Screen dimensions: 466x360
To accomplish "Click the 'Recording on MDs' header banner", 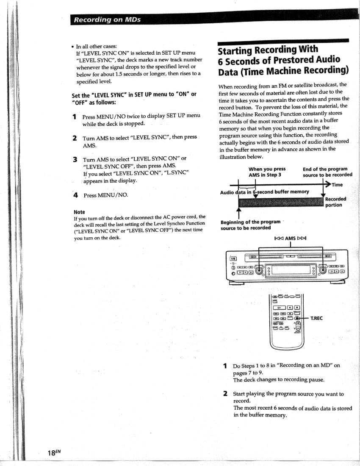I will [107, 20].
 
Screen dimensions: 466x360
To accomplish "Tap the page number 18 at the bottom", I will [53, 453].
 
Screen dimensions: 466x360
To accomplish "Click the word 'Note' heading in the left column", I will [79, 212].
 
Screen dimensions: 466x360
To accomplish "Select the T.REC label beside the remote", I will [317, 318].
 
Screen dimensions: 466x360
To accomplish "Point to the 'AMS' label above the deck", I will [290, 239].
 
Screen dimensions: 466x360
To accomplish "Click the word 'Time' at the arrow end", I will [337, 185].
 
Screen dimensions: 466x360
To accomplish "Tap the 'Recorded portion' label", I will [335, 202].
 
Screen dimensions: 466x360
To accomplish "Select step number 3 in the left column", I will [75, 160].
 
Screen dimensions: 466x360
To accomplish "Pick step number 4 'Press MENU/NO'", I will [75, 195].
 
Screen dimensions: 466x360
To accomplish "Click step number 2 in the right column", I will [225, 394].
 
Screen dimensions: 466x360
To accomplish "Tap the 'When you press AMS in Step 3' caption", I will [267, 172].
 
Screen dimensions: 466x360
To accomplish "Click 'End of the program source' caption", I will [327, 172].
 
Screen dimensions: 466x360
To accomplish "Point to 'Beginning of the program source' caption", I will [250, 225].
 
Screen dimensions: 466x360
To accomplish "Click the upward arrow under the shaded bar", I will [238, 212].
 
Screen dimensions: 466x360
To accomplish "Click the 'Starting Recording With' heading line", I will [268, 50].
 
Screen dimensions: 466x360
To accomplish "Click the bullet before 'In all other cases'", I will [73, 47].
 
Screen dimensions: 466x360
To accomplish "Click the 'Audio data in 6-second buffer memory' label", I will [265, 192].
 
